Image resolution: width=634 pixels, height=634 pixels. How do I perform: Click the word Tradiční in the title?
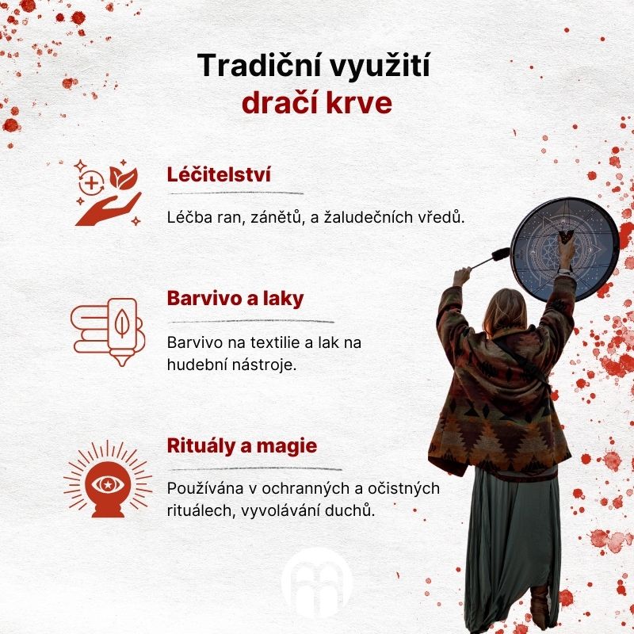(x=261, y=65)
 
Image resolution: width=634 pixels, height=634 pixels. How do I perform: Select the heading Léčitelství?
(x=219, y=174)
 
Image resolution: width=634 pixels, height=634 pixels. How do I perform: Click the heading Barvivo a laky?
(x=235, y=299)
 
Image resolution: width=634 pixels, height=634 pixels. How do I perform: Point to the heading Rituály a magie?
(x=243, y=446)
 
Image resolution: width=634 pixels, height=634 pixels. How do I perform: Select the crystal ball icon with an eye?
(x=108, y=479)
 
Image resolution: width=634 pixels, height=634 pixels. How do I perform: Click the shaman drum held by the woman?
(x=564, y=250)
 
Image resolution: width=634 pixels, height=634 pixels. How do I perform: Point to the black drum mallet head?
(x=501, y=254)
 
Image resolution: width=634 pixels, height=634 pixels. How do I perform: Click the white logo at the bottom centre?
(x=317, y=584)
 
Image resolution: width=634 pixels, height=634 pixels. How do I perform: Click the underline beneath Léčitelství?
(x=235, y=193)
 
